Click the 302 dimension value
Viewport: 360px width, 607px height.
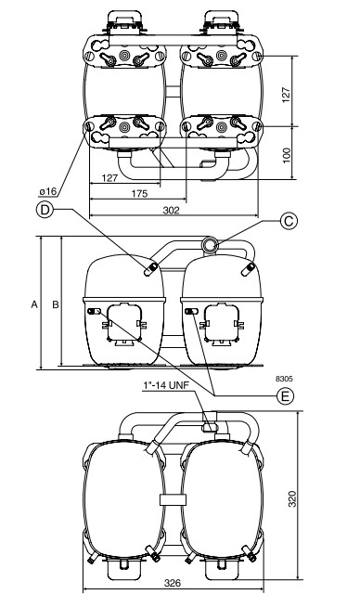pos(171,210)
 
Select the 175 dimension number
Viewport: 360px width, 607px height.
pos(139,193)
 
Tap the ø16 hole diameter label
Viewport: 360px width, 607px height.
pos(48,191)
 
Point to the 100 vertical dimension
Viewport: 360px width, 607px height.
pos(286,155)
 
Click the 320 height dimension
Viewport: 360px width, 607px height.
pos(292,498)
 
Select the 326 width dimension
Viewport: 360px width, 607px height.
pos(173,583)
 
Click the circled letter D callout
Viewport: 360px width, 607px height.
pos(45,210)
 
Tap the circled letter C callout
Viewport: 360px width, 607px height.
pos(289,222)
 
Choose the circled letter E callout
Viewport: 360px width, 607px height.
pos(285,396)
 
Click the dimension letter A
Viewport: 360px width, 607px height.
pos(34,304)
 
